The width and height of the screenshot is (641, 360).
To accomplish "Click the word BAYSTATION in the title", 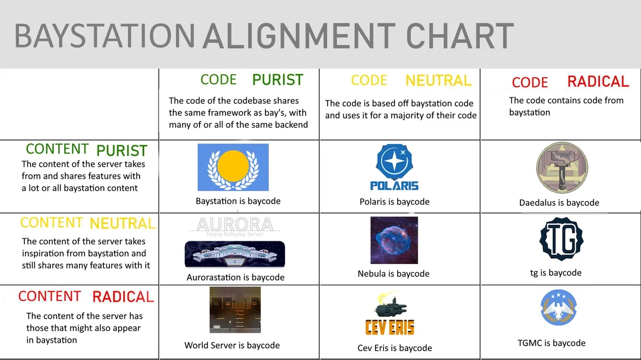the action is (104, 36).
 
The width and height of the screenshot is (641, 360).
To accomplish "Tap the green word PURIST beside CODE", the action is (278, 80).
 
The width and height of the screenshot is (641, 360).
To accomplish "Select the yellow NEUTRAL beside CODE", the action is (438, 81).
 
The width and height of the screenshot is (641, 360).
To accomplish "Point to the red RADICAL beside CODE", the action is (598, 82).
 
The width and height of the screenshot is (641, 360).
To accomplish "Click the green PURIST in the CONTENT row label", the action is (122, 151).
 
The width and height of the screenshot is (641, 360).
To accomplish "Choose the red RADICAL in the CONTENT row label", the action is (123, 297).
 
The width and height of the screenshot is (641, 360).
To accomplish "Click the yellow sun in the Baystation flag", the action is (233, 165).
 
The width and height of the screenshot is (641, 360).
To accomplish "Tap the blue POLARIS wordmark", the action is (394, 186).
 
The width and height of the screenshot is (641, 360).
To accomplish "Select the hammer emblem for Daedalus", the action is (562, 167).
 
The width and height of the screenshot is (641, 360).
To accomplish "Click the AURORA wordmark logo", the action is (234, 227).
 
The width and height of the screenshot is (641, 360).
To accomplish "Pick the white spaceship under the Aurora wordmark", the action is (234, 254).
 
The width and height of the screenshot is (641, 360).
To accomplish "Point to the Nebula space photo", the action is (394, 240).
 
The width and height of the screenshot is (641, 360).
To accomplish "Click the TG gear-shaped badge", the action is (561, 238).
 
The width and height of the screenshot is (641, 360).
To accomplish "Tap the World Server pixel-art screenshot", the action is (235, 310).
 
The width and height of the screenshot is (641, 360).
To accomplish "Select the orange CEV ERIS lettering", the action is (389, 327).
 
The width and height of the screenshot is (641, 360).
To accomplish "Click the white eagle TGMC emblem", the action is (559, 307).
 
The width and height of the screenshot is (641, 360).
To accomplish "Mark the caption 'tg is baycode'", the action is (556, 273).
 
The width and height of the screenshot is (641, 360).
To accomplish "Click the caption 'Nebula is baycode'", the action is (394, 274).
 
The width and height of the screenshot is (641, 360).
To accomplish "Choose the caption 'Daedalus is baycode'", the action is (559, 203).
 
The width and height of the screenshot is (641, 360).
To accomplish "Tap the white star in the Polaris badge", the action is (395, 161).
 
